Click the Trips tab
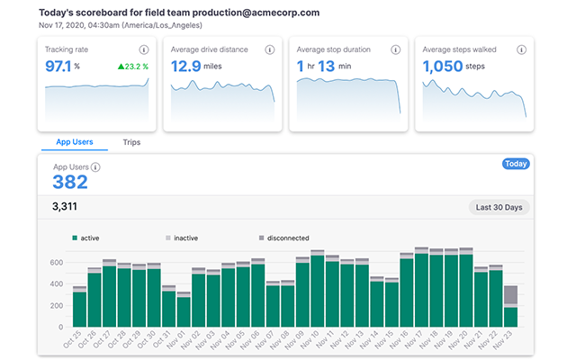pyautogui.click(x=131, y=142)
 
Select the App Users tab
pyautogui.click(x=75, y=142)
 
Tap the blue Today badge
pyautogui.click(x=515, y=165)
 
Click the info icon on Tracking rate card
pyautogui.click(x=143, y=49)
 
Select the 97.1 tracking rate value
pyautogui.click(x=61, y=66)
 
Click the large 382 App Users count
pyautogui.click(x=70, y=183)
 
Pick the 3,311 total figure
pyautogui.click(x=67, y=207)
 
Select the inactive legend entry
pyautogui.click(x=182, y=238)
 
